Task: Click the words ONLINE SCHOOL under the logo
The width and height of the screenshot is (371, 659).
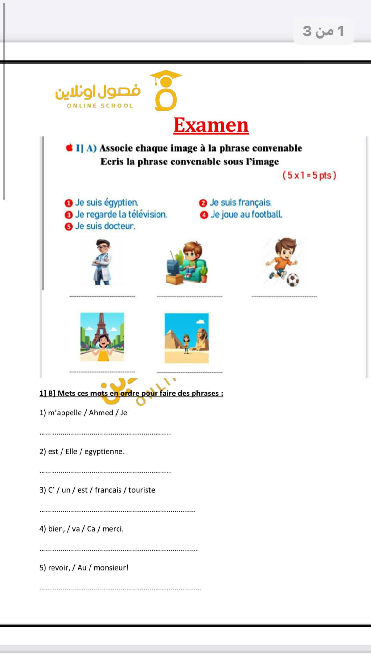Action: point(100,106)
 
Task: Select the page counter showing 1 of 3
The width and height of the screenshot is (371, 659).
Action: point(323,31)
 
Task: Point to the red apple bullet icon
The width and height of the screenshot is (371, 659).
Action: point(69,148)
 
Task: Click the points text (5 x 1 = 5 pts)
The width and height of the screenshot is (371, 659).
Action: point(309,175)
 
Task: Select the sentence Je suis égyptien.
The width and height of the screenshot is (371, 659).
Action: point(107,202)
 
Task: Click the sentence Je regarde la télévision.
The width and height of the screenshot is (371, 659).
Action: point(121,214)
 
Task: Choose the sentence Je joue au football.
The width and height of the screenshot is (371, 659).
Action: point(246,214)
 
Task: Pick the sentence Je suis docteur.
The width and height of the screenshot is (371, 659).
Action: point(105,226)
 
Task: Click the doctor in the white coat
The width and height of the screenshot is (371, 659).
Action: point(102,262)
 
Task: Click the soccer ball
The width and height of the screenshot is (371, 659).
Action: point(293,280)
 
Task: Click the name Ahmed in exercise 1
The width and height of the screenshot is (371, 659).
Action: point(101,413)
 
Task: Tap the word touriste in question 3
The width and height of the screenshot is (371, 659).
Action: point(142,490)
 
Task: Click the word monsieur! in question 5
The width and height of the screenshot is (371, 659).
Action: point(111,568)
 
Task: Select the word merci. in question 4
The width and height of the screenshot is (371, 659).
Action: point(113,529)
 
